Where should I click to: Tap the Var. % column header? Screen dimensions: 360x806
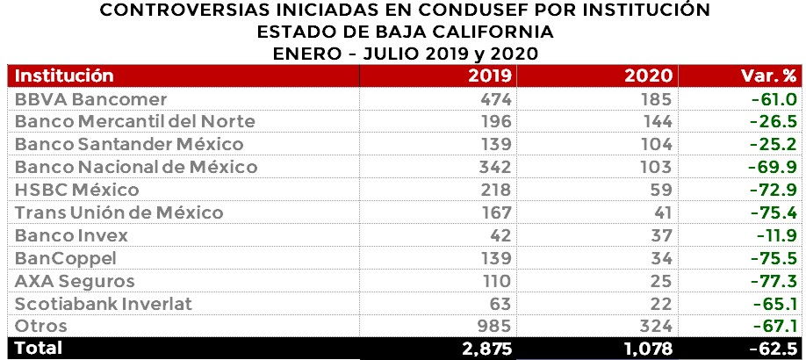[766, 76]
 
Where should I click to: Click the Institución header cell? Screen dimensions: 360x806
[65, 76]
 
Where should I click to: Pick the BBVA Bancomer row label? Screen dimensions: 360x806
[91, 98]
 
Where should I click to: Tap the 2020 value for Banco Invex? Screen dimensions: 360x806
[661, 235]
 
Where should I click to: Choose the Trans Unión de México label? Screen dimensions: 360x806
[119, 212]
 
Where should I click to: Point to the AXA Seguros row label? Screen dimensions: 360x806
[76, 281]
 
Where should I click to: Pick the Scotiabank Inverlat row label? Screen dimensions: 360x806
[104, 304]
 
